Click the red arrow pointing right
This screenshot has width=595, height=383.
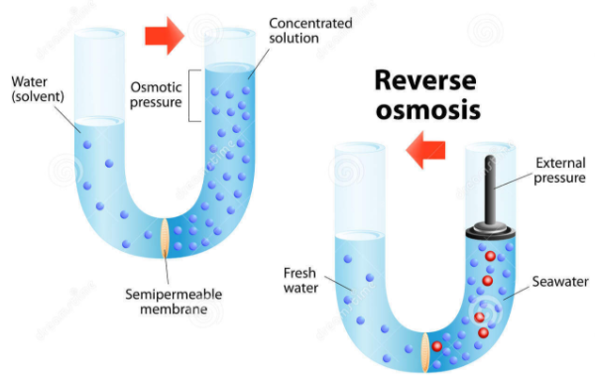pos(165,36)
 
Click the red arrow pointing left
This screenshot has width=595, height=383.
pos(425,150)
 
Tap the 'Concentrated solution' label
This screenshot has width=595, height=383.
pos(310,31)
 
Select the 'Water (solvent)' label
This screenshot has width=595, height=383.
pos(38,89)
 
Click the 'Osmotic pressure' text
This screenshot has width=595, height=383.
pos(156,95)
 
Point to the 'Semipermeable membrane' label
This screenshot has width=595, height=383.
pos(174,302)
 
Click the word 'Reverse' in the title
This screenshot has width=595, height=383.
pos(425,80)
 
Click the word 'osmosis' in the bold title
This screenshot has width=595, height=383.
pos(428,110)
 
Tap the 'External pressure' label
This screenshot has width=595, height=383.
pos(560,171)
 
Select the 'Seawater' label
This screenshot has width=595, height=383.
pos(560,282)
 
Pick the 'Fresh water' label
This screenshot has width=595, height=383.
pos(300,280)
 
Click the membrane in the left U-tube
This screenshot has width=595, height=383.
pos(165,238)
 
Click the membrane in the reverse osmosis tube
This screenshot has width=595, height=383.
pos(425,352)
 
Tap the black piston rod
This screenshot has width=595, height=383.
pos(490,190)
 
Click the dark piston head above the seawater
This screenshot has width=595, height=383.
pos(490,231)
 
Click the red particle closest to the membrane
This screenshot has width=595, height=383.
pos(436,346)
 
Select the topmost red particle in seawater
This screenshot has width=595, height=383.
pos(490,256)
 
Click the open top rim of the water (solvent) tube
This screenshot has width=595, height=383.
pos(99,34)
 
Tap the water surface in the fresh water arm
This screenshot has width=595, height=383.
pos(360,236)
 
